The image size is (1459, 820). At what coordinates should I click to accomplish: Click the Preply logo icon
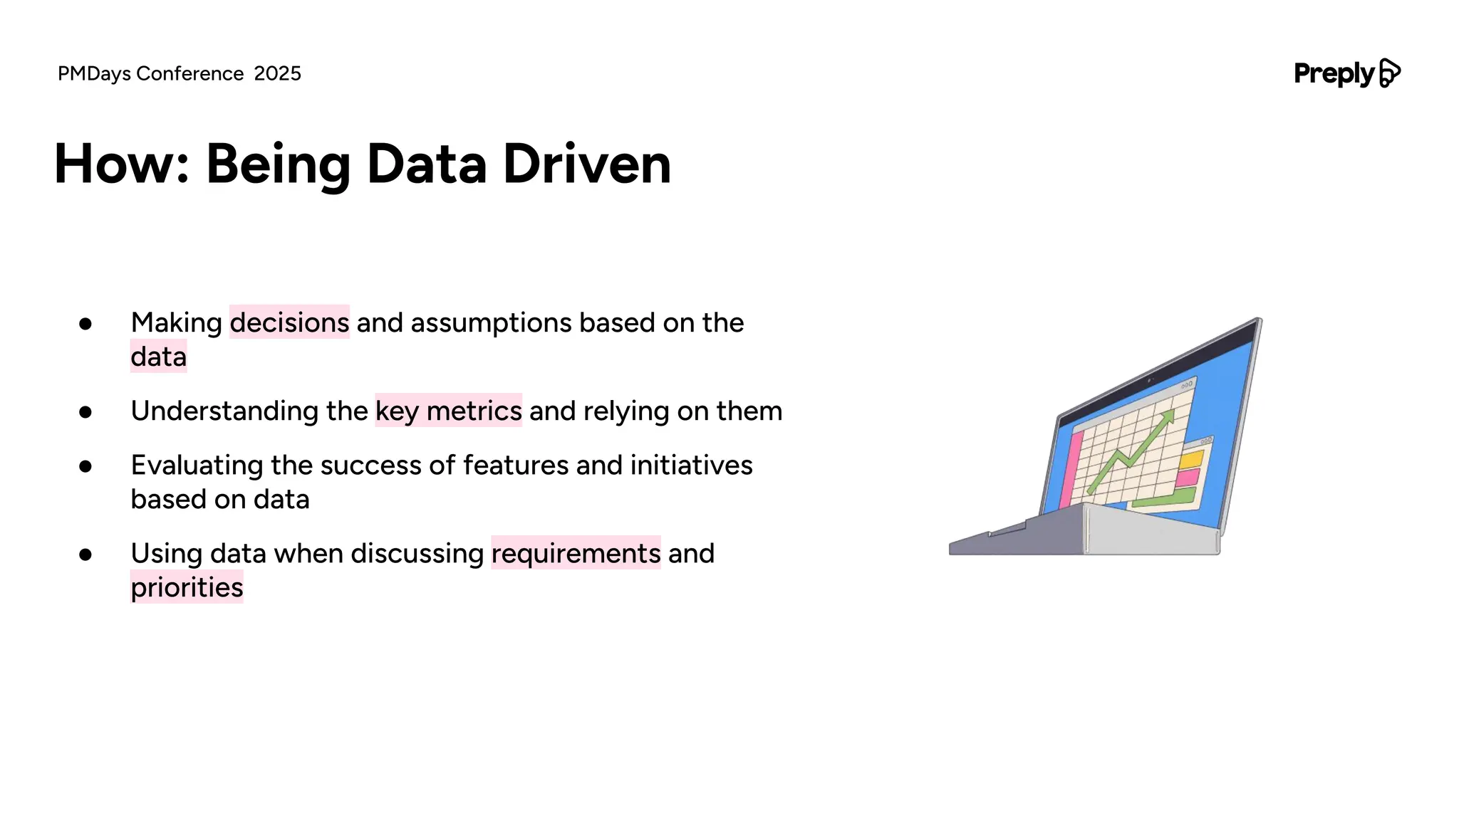[1390, 73]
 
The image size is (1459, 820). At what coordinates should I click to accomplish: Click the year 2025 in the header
[278, 74]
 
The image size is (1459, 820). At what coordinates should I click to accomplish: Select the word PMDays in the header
[94, 74]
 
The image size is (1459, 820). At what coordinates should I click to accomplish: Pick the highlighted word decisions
[289, 322]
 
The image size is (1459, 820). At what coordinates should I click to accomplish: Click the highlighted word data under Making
[158, 357]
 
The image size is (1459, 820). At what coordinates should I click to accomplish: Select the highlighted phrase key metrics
[448, 411]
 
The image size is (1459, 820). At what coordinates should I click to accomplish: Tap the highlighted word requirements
[576, 553]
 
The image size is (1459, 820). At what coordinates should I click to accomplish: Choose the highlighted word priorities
[187, 587]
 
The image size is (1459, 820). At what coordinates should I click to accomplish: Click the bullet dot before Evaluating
[85, 466]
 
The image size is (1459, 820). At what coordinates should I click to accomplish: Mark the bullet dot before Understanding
[85, 412]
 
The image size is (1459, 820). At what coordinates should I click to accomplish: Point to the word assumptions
[491, 322]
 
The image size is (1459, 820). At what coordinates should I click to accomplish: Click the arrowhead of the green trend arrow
[1168, 416]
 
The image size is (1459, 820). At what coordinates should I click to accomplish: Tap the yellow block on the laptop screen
[1190, 459]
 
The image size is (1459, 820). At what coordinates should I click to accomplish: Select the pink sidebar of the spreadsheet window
[1069, 470]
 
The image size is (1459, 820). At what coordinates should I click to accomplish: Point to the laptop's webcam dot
[1150, 381]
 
